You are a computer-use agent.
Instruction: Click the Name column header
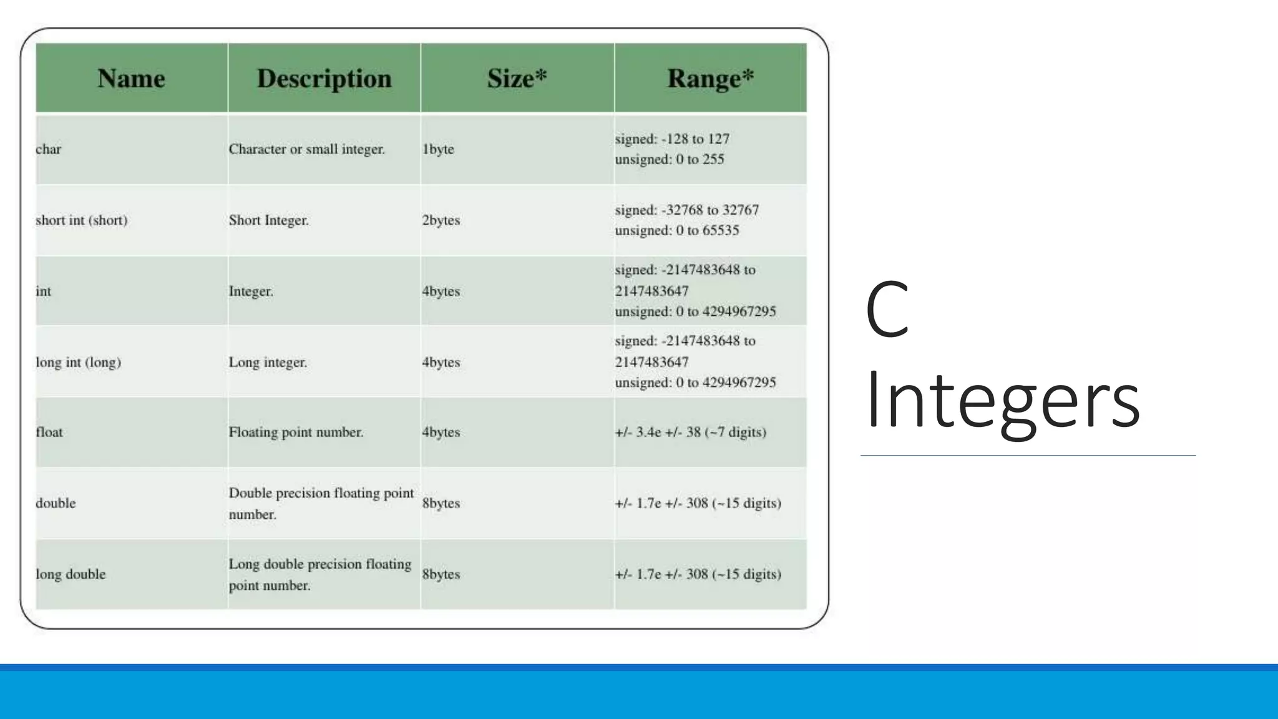coord(131,79)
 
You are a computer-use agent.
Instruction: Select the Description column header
coord(324,79)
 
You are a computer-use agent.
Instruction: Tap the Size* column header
coord(517,79)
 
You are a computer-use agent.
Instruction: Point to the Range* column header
coord(710,79)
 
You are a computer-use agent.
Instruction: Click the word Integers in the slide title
coord(1002,399)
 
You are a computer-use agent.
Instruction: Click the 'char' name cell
coord(49,149)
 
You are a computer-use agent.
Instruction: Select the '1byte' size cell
coord(438,149)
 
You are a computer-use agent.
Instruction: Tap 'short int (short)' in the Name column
coord(81,220)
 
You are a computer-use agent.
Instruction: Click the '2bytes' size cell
coord(441,220)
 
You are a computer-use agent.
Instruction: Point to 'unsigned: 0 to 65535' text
coord(676,230)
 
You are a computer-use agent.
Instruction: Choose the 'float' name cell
coord(49,432)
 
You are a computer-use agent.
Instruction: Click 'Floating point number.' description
coord(296,432)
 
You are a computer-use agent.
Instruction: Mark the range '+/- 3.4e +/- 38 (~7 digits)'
coord(690,432)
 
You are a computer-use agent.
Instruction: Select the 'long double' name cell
coord(71,574)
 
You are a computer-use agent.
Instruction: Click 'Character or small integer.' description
coord(306,149)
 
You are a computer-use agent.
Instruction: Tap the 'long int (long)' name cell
coord(78,362)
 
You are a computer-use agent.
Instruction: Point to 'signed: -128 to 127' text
coord(671,139)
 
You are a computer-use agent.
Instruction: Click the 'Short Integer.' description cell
coord(268,220)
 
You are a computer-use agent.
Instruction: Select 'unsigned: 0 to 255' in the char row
coord(669,159)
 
